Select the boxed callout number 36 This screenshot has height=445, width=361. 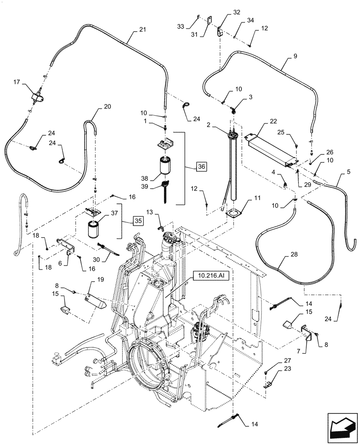pos(201,166)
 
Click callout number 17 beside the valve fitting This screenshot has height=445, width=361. pos(16,82)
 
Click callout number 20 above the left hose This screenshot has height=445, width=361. pos(107,106)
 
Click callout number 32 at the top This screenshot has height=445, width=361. pos(223,12)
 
